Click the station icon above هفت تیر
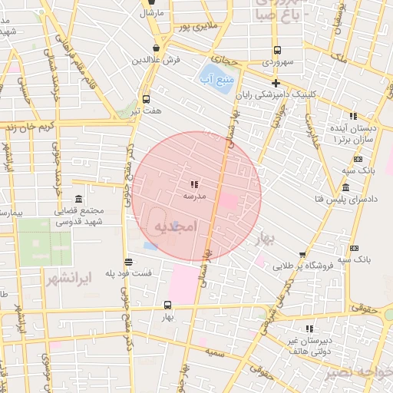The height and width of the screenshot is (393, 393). [x=146, y=99]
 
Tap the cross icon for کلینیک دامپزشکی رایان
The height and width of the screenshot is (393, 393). [x=276, y=83]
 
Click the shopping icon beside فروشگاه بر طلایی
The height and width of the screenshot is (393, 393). [x=303, y=256]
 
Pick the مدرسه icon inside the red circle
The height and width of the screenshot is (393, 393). [x=193, y=184]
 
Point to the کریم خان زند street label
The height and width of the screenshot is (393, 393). [x=27, y=125]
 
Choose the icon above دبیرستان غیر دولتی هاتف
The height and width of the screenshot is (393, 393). [x=309, y=329]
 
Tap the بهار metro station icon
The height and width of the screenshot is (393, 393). [x=168, y=305]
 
